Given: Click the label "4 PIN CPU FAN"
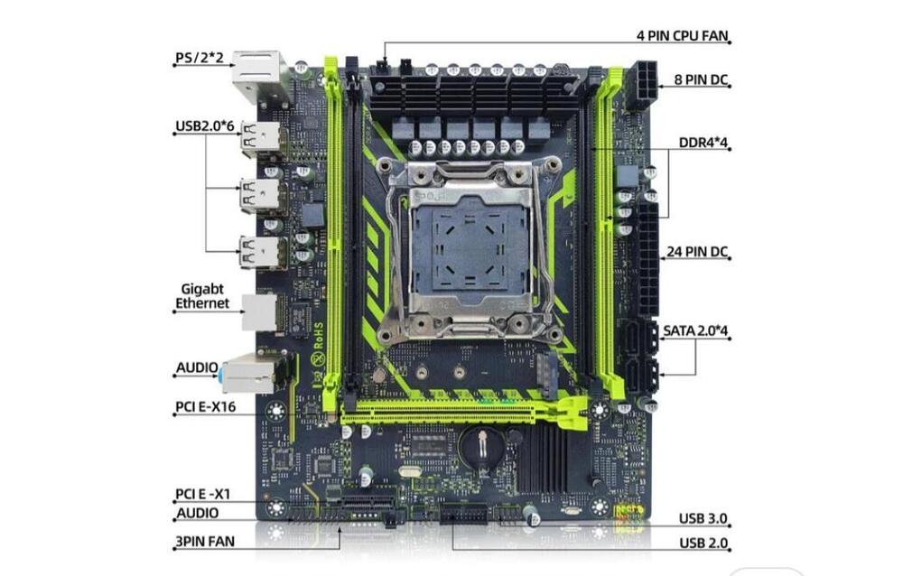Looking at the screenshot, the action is click(683, 36).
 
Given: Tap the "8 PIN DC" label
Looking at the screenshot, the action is click(701, 79).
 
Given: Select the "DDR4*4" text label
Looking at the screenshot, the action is click(703, 143).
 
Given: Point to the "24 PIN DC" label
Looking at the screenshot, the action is click(697, 252).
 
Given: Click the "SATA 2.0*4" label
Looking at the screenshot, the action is click(695, 330).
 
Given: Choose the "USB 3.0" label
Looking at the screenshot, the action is click(703, 518).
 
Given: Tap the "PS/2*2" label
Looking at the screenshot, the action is click(200, 58).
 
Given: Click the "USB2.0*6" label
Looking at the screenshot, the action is click(204, 125).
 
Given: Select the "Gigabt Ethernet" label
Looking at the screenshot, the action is click(202, 296).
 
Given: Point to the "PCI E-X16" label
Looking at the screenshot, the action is click(206, 406).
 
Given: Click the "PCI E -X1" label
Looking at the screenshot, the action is click(202, 494).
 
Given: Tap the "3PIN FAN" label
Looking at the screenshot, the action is click(205, 542).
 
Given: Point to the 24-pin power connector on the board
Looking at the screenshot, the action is click(647, 258).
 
